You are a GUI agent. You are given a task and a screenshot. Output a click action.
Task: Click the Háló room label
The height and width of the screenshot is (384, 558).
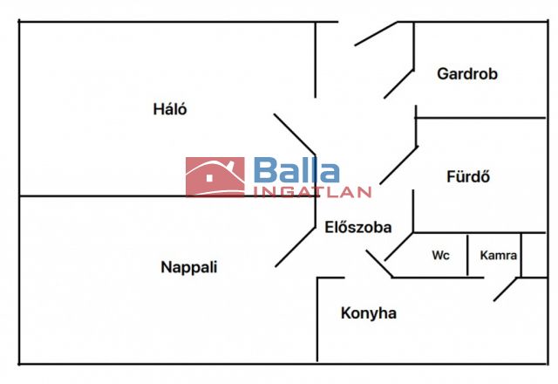click(x=170, y=110)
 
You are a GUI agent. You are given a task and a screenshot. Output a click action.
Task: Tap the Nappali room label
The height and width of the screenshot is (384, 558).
click(x=188, y=267)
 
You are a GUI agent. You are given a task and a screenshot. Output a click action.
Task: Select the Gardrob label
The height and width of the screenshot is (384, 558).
click(x=467, y=74)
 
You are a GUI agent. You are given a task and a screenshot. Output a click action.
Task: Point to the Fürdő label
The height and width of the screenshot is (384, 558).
click(x=468, y=176)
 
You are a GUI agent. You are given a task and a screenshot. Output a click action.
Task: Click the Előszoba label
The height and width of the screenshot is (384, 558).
click(x=357, y=228)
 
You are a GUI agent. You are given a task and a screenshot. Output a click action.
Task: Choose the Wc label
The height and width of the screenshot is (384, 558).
click(x=440, y=257)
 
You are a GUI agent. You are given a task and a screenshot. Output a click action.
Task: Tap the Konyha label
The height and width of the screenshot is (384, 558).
click(x=368, y=312)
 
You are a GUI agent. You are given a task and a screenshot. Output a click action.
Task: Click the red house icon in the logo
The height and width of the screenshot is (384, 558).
click(x=214, y=177)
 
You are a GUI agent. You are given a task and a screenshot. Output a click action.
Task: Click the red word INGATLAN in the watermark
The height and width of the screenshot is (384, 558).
click(x=312, y=192)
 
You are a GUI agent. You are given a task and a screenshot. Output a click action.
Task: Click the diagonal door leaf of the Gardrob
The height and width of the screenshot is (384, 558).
click(x=398, y=83)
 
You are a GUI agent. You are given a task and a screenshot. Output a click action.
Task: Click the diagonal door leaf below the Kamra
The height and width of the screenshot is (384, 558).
click(x=506, y=290)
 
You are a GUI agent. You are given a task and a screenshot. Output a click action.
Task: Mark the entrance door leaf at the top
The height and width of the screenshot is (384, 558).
click(x=376, y=34)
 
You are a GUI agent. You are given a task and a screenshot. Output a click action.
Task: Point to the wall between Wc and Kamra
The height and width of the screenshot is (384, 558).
click(x=468, y=255)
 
